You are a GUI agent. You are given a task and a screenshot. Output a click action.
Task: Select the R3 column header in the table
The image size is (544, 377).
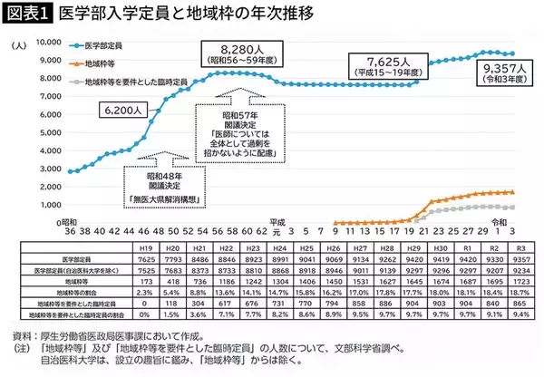(522, 247)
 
